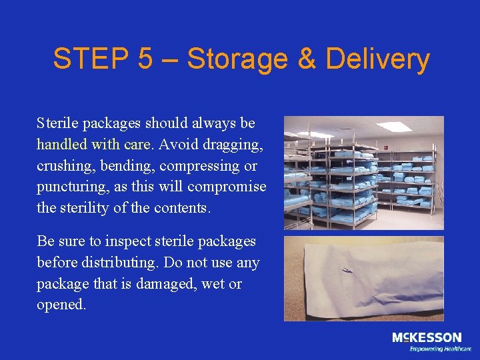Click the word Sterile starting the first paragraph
[x=58, y=124]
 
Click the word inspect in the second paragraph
[x=116, y=241]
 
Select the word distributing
[x=120, y=263]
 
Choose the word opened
[x=61, y=305]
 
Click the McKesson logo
[x=426, y=337]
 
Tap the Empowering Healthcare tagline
[x=440, y=349]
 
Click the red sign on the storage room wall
[x=386, y=142]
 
